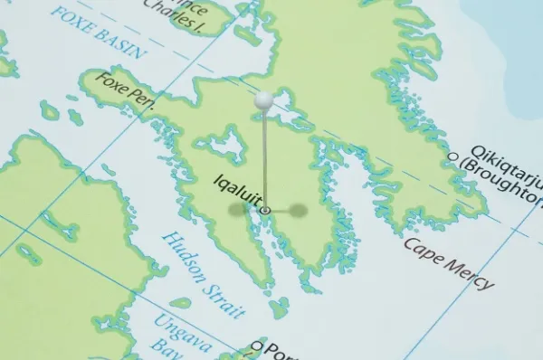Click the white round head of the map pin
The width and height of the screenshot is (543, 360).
pos(263,101)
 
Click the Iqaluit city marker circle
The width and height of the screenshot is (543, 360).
pos(265,210)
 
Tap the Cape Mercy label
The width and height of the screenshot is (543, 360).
pos(449,262)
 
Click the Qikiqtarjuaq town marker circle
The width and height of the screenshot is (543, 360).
pos(453,156)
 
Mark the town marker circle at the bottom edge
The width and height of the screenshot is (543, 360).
pos(256,346)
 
